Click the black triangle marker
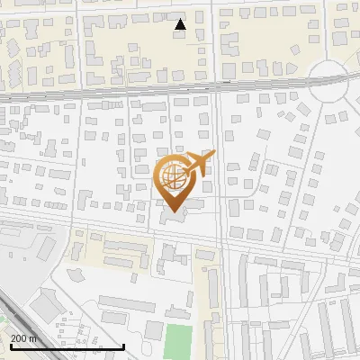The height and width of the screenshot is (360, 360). [x=181, y=24]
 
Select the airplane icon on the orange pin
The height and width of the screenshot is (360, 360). [x=197, y=164]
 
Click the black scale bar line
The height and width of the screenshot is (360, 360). [x=67, y=346]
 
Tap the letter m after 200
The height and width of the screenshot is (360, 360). [x=33, y=338]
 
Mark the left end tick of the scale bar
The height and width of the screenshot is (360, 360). [x=10, y=346]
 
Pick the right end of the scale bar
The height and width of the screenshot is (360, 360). [x=123, y=346]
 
